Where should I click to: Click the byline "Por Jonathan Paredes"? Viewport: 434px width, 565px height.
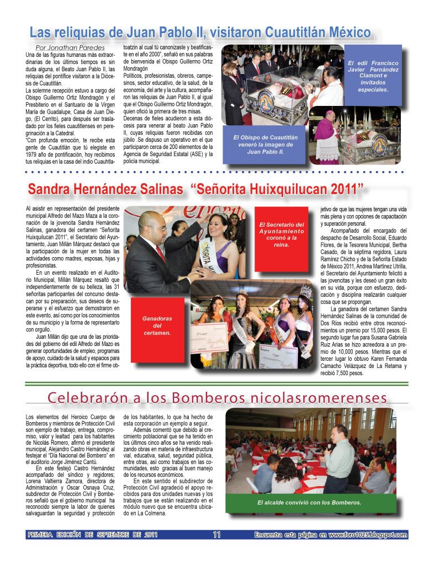pos(70,47)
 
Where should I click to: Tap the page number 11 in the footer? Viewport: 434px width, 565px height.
pos(216,534)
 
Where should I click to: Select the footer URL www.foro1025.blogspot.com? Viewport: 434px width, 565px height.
pos(368,534)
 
